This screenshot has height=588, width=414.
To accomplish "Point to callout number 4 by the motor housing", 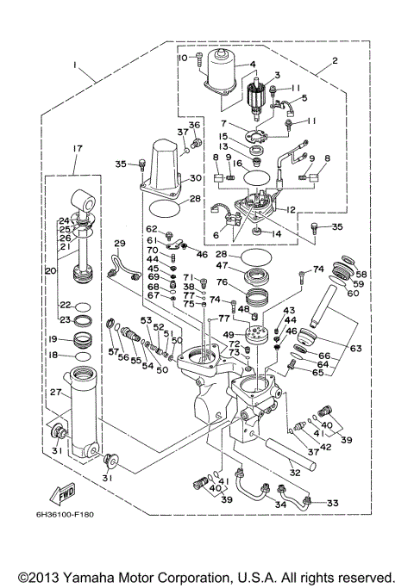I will point(253,64).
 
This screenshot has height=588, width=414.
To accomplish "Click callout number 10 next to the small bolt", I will point(184,58).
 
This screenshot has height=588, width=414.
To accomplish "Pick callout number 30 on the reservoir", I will point(196,178).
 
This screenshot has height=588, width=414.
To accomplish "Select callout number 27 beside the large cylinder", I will point(56,393).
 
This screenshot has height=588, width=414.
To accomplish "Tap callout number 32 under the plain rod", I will point(294,471).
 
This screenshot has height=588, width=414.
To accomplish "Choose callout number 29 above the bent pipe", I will point(119,244).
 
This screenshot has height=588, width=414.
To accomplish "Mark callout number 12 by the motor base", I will point(290,209).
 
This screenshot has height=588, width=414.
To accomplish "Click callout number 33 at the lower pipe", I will point(333,503).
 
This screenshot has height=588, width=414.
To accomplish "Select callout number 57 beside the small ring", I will point(113,351).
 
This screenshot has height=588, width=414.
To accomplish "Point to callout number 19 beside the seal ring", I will point(53,339).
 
